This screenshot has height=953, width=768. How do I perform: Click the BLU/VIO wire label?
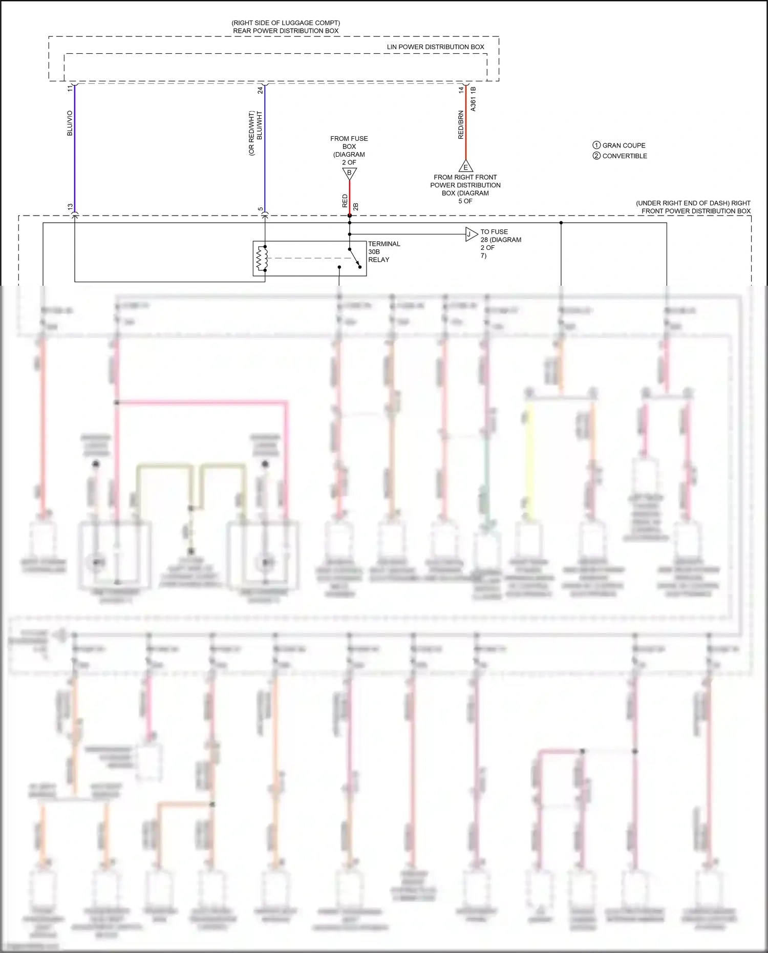point(70,123)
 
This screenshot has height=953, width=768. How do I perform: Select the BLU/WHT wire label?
point(260,126)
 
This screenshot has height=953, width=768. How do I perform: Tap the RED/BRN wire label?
point(460,125)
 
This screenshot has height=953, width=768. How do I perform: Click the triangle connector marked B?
point(349,174)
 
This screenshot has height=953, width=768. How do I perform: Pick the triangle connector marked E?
point(465,166)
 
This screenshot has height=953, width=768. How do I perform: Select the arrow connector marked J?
point(471,235)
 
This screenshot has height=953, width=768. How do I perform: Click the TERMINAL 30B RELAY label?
point(383,251)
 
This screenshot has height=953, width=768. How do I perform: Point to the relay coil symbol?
point(262,258)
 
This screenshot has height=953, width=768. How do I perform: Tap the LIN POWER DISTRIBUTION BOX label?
point(435,47)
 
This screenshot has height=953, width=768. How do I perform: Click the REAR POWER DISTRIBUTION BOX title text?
point(286,31)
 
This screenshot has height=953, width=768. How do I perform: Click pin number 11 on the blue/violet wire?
point(70,89)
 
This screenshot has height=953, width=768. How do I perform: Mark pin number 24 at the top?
point(260,90)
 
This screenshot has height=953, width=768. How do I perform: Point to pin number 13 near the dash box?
point(70,207)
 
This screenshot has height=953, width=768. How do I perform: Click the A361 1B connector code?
point(473,99)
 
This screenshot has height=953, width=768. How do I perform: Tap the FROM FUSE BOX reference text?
point(349,150)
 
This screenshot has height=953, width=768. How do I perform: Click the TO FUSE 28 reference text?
point(500,243)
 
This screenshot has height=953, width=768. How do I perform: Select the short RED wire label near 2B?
point(345,201)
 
